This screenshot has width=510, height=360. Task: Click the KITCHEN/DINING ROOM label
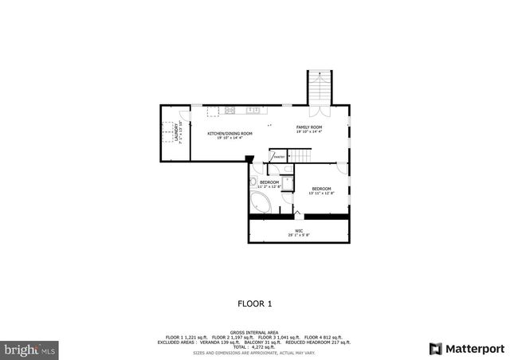[x=230, y=133]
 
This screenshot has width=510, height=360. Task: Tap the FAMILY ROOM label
[x=309, y=127]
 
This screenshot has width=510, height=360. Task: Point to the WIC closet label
[x=299, y=229]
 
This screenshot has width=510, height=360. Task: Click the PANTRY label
[x=279, y=157]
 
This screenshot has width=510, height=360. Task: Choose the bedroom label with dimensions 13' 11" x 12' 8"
[x=322, y=189]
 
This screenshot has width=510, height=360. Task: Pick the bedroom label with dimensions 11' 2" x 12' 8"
[x=269, y=182]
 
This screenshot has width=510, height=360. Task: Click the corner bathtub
[x=261, y=201]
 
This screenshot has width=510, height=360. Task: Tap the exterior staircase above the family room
[x=318, y=86]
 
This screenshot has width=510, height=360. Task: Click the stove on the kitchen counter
[x=229, y=110]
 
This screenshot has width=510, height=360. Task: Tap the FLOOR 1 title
[x=255, y=303]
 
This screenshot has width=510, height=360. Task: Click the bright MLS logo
[x=29, y=349]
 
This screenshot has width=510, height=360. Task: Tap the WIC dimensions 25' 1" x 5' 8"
[x=299, y=234]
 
